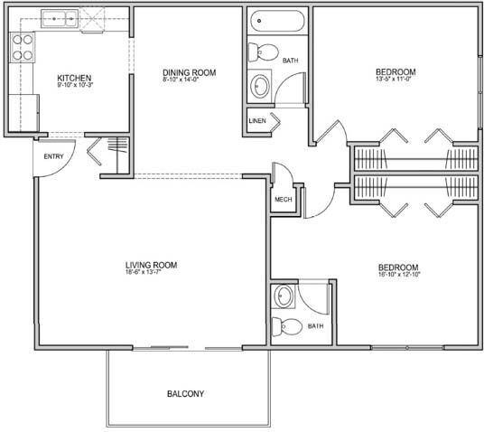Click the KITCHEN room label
74,78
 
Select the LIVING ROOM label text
151,265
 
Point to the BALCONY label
185,393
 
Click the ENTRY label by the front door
53,156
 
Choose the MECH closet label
282,199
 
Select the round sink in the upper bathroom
260,86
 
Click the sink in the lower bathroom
284,296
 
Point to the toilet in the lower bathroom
283,326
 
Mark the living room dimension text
151,274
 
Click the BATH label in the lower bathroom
315,325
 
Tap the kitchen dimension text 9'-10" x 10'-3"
74,86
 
